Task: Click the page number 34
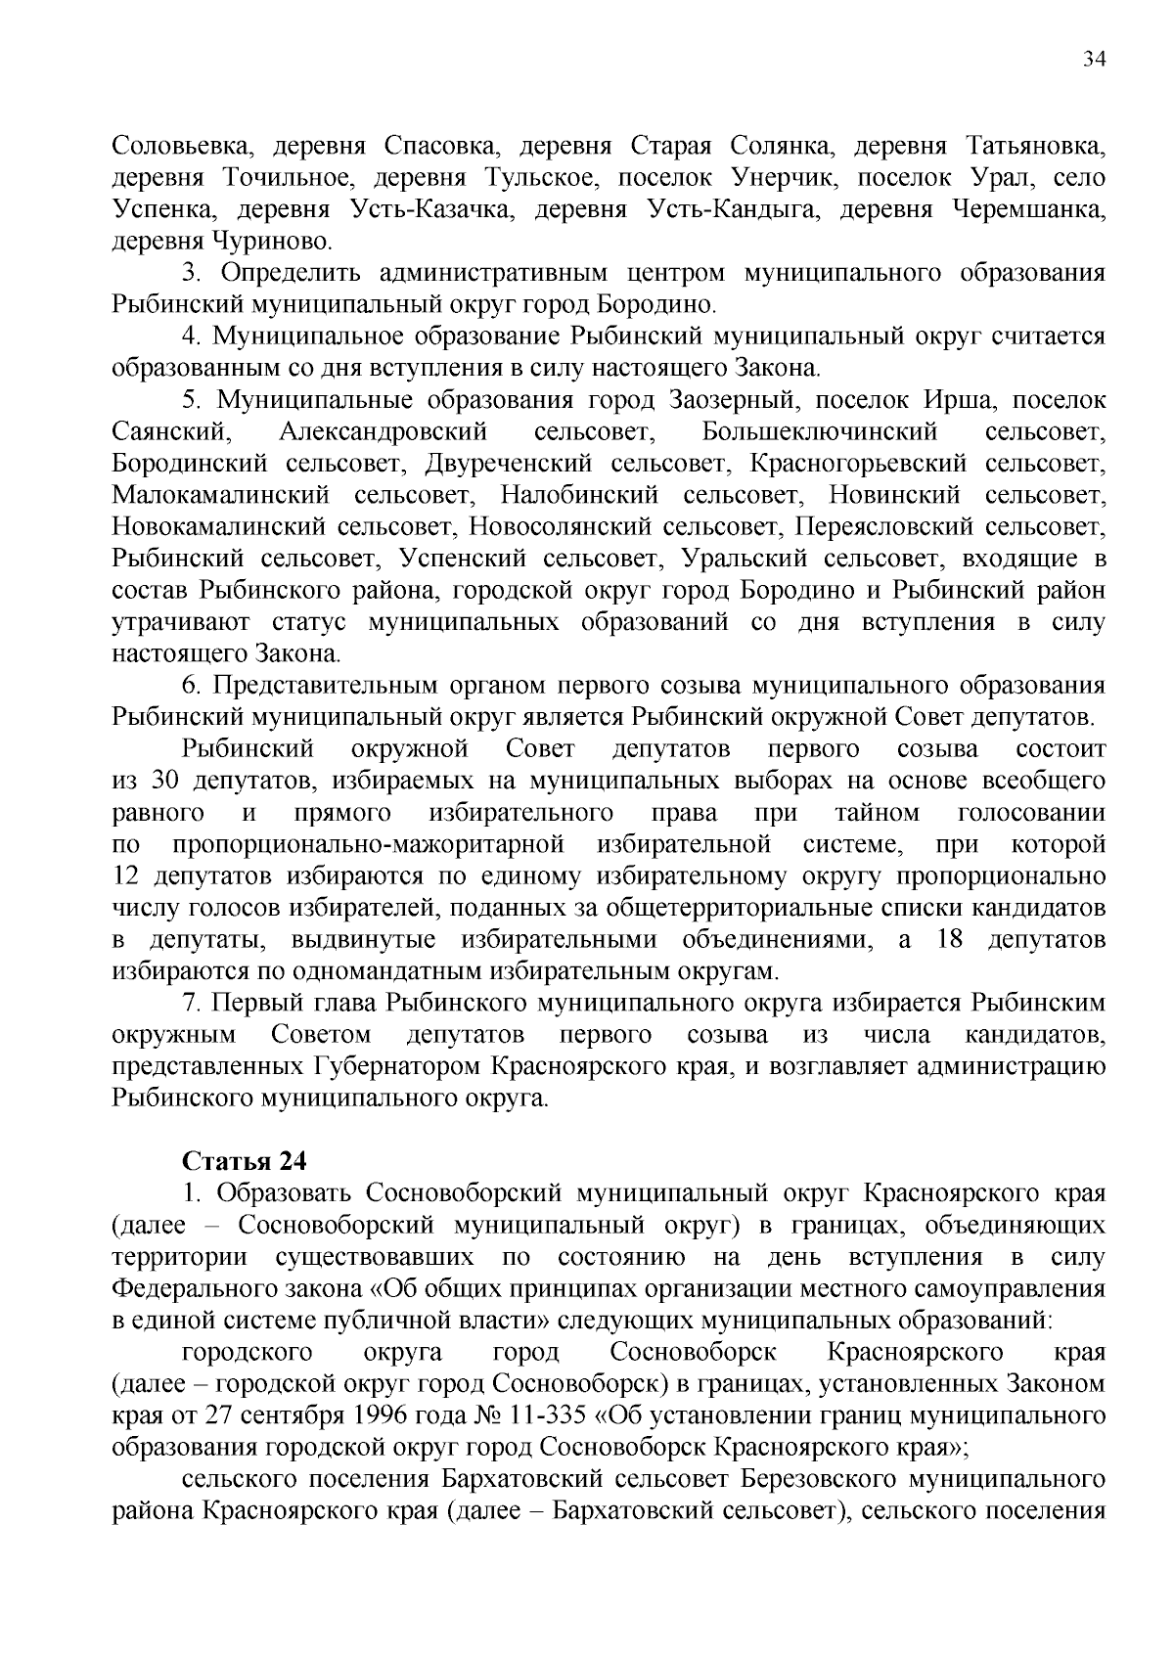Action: [x=1095, y=59]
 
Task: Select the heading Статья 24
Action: [x=245, y=1161]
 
